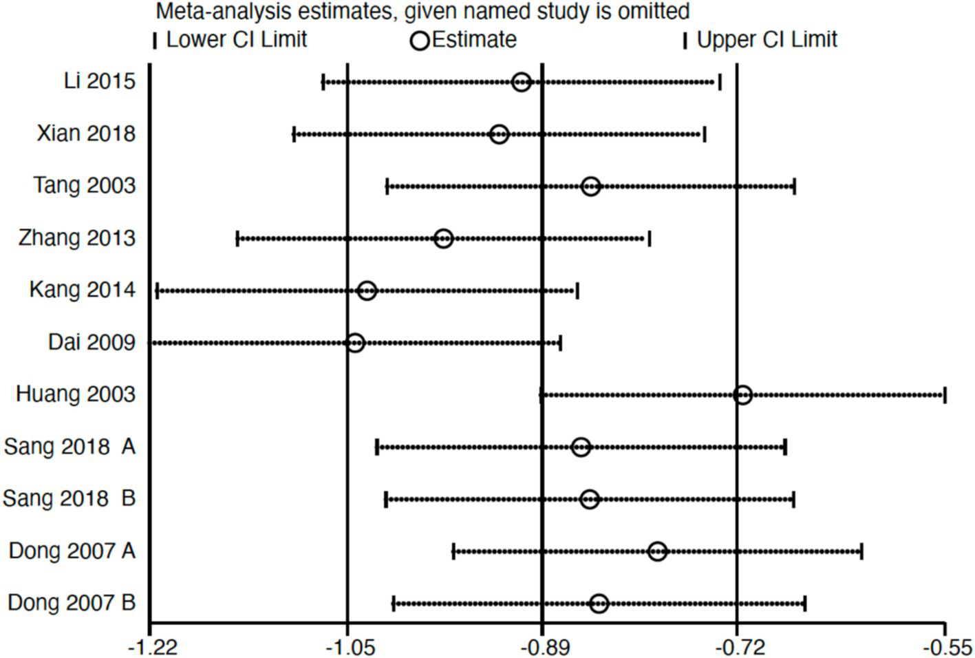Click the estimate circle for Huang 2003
coord(742,395)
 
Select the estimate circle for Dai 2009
coord(355,343)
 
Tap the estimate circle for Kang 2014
coord(367,290)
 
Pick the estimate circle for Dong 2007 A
coord(657,551)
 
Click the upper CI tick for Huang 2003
coord(945,395)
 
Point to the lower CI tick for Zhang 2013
coord(237,239)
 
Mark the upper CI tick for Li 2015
coord(720,82)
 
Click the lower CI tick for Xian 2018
coord(294,134)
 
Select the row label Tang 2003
coord(85,186)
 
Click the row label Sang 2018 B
coord(69,498)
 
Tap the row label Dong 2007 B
coord(72,603)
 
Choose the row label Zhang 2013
coord(77,238)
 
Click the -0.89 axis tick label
coord(543,647)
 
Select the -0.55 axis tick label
coord(947,647)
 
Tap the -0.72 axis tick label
coord(738,647)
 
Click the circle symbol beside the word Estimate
coord(420,41)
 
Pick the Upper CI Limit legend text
coord(767,39)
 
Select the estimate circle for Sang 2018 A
coord(581,447)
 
